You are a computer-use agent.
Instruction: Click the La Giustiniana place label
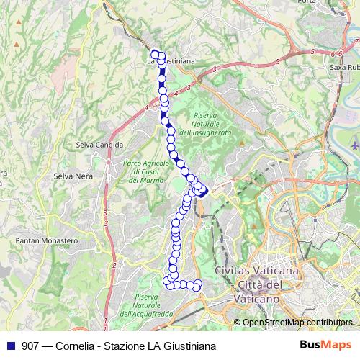tap(171, 62)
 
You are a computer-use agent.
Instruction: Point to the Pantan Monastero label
tap(47, 240)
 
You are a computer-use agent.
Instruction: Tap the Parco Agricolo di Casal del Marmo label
tap(143, 171)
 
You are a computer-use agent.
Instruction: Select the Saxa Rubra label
tap(344, 67)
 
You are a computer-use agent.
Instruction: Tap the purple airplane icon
tap(354, 145)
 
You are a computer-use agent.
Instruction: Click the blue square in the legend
tap(11, 346)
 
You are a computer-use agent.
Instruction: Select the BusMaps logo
tap(327, 345)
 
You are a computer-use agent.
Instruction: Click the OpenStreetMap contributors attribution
tap(297, 323)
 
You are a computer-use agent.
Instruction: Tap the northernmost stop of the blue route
tap(154, 53)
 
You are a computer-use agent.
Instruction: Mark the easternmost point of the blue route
tap(206, 192)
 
